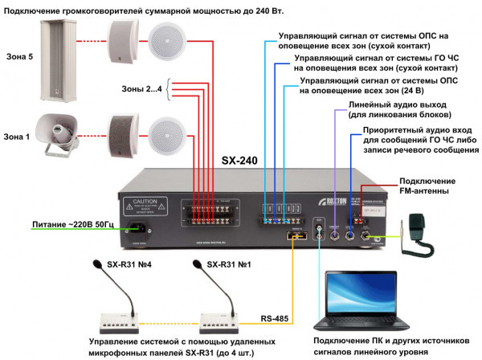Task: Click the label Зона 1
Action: [x=17, y=137]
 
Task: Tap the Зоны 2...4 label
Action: [x=141, y=89]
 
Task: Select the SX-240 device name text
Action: [x=239, y=161]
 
